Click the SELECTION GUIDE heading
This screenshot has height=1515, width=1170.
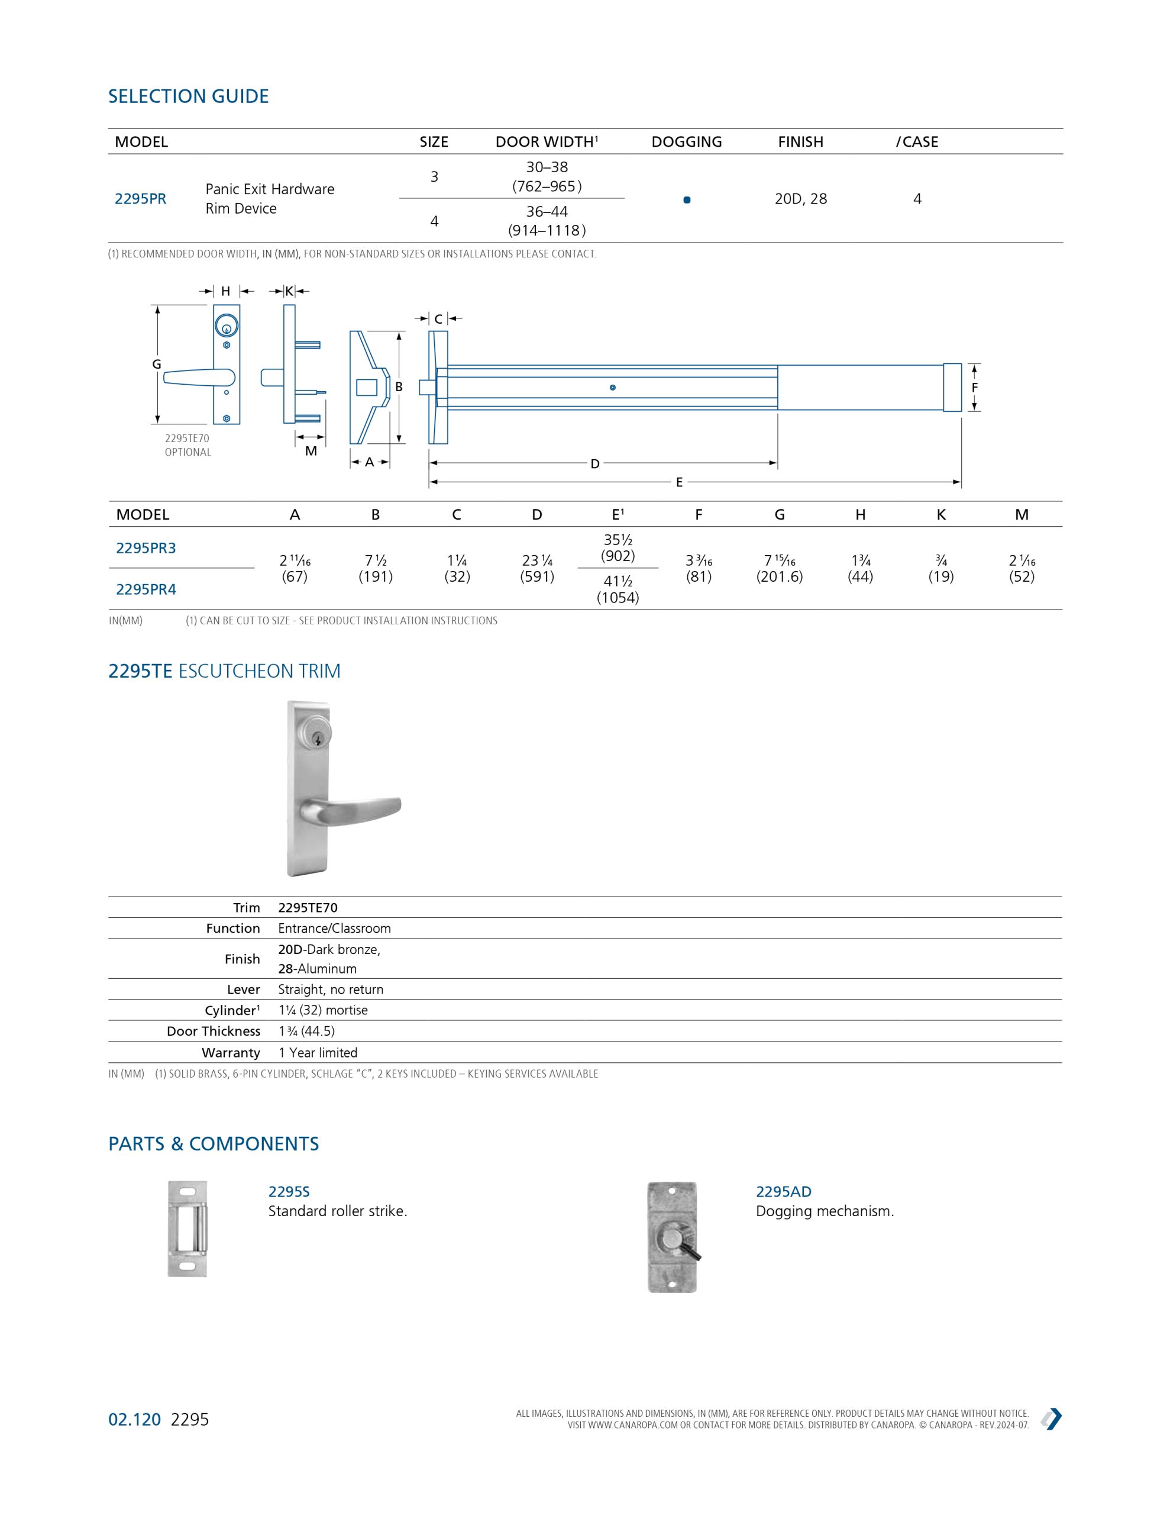point(188,96)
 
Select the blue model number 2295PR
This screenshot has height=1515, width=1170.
point(140,199)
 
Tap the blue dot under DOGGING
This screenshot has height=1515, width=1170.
point(687,200)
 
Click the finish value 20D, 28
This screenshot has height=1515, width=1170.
point(800,199)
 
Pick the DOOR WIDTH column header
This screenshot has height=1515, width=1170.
point(547,141)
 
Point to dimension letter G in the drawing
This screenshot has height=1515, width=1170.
point(157,364)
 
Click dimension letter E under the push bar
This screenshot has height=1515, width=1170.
point(679,482)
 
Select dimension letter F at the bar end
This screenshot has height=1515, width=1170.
point(974,388)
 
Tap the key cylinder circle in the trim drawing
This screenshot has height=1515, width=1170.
point(226,325)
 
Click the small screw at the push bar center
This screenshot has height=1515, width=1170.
point(612,387)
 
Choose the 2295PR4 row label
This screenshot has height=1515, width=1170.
point(146,589)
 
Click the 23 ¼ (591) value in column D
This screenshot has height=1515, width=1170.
point(537,568)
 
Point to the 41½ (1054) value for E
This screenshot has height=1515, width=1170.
point(618,589)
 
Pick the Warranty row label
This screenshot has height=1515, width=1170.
point(230,1052)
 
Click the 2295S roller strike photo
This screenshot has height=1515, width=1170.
point(188,1229)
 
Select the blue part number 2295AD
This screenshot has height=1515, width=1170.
point(783,1192)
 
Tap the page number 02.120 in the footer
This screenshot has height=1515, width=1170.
point(134,1419)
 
